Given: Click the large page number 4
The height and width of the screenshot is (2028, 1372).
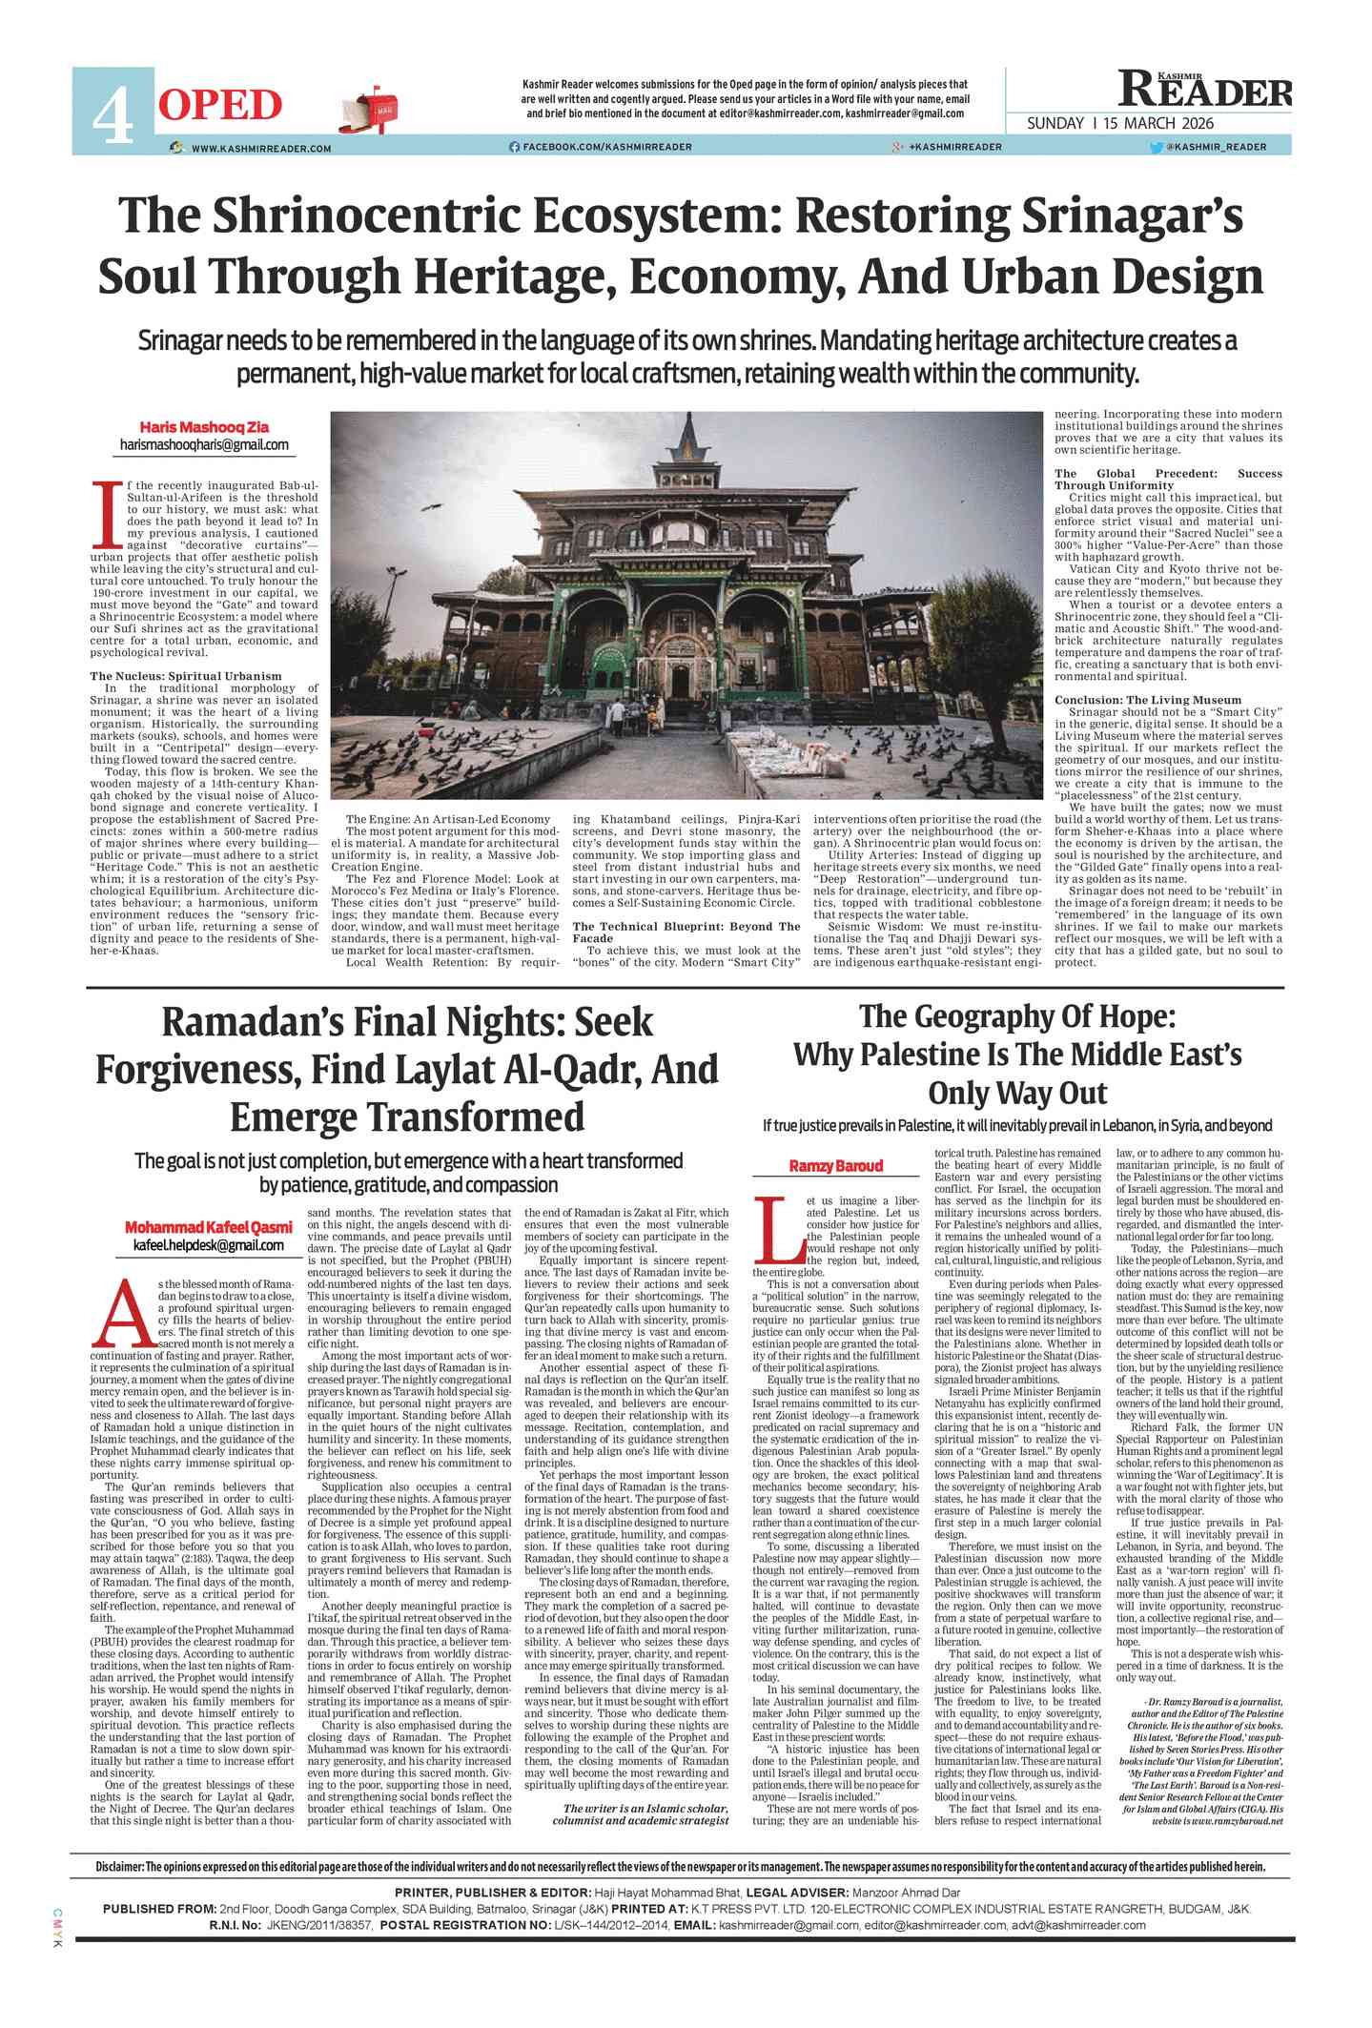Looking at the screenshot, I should pos(113,113).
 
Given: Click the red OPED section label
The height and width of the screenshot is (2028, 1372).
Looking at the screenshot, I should pos(220,104).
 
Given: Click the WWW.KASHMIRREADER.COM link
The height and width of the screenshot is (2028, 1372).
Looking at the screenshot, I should pos(261,148).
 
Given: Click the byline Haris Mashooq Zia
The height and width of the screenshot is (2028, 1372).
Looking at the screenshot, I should pos(204,426).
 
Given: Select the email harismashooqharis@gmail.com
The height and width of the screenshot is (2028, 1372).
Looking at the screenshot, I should pos(204,444).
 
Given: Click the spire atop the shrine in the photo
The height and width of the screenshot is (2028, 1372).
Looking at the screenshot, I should pos(688,434).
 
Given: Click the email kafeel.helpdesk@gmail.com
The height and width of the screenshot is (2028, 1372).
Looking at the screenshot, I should pos(209,1244).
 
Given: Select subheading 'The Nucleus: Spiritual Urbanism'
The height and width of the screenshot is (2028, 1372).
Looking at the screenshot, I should pos(186,676).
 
